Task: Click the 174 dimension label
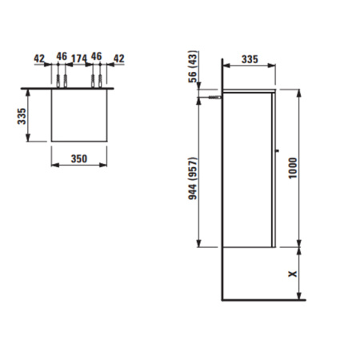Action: click(x=78, y=58)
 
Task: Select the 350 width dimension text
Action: click(x=78, y=158)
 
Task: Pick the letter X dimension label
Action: click(x=293, y=274)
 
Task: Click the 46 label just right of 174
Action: click(x=97, y=58)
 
